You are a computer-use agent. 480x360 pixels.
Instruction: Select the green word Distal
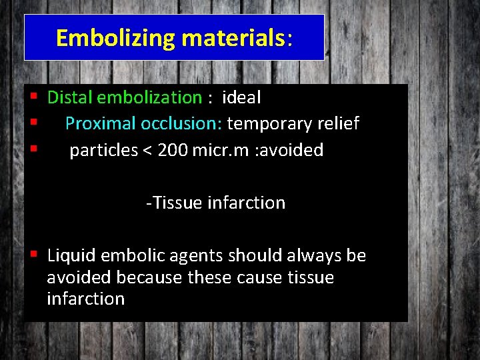click(70, 97)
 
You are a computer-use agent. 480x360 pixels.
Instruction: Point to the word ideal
click(241, 97)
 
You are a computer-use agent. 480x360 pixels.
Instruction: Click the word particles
click(103, 151)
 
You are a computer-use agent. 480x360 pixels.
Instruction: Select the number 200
click(173, 151)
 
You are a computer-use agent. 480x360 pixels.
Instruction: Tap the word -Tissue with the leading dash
click(175, 203)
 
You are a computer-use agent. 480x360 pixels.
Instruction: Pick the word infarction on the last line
click(85, 299)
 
